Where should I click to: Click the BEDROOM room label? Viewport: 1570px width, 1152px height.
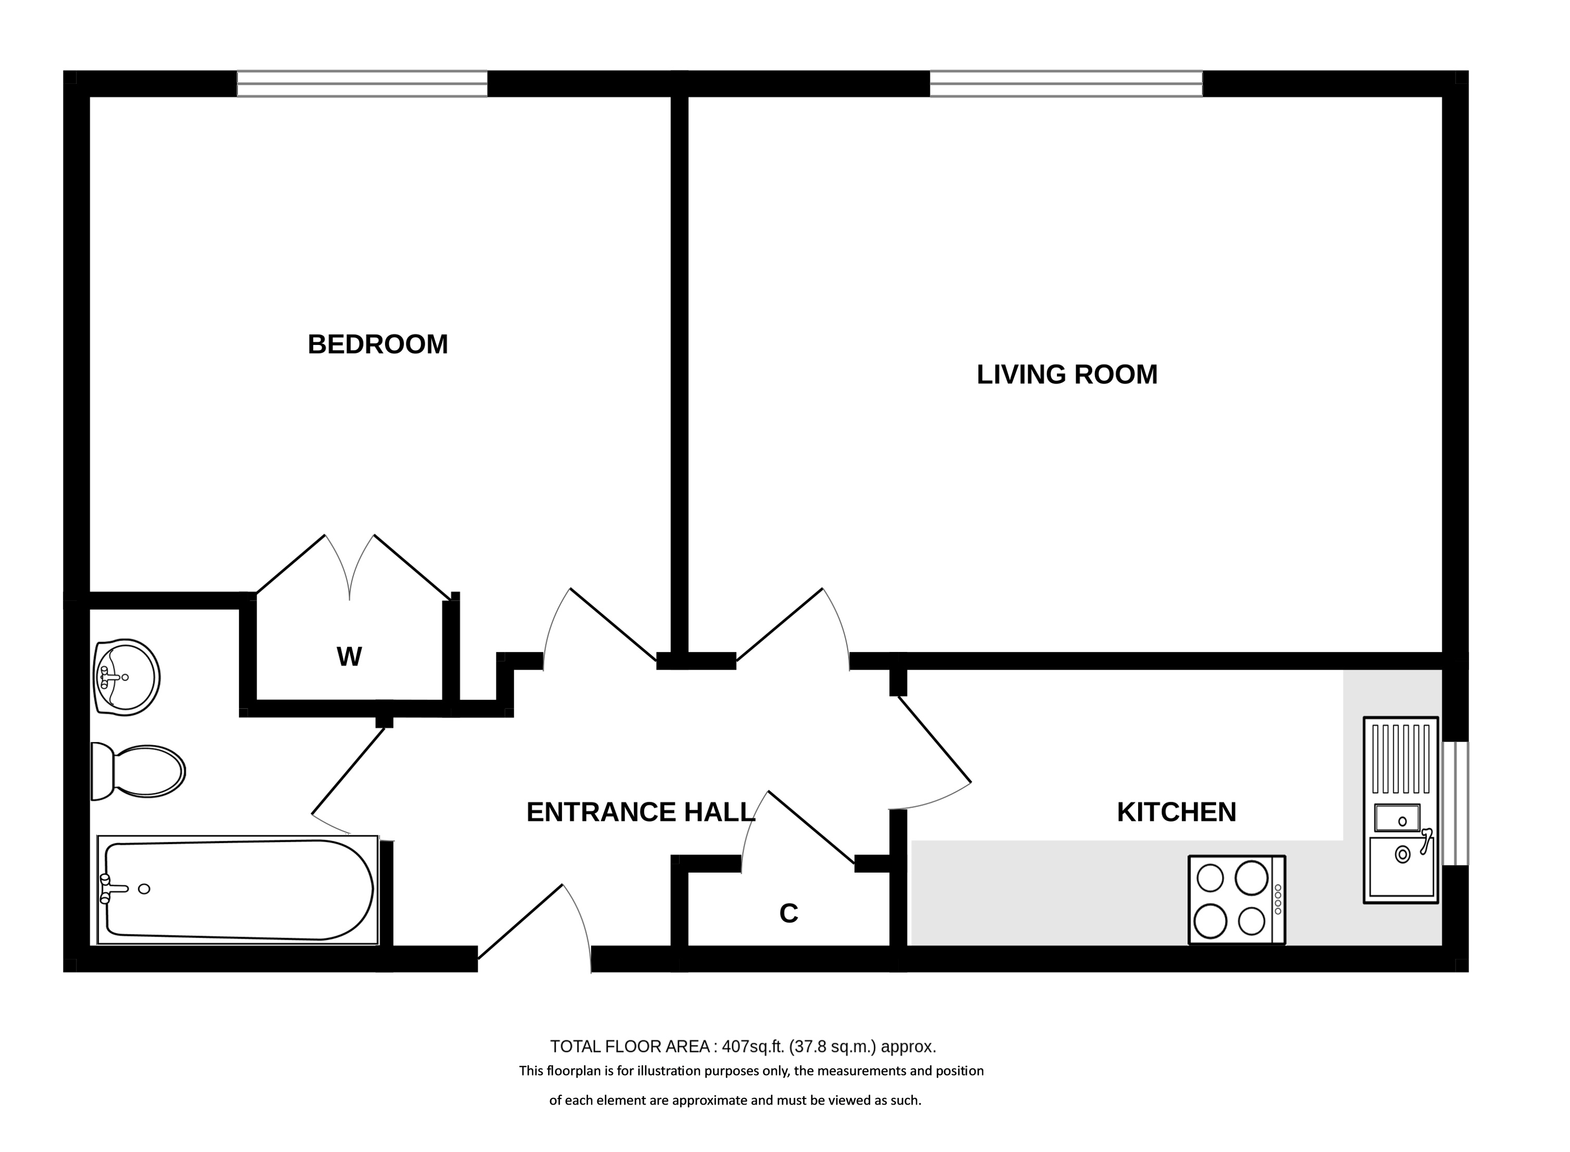click(x=377, y=344)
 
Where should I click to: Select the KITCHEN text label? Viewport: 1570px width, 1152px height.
click(x=1176, y=812)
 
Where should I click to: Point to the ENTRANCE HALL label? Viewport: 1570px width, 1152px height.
click(x=640, y=812)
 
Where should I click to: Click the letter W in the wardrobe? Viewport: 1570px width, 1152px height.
click(x=349, y=656)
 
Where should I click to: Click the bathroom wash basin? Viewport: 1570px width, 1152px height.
click(x=126, y=676)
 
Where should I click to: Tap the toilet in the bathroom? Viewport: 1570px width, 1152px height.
click(x=138, y=771)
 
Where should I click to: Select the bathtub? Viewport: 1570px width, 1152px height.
click(x=238, y=890)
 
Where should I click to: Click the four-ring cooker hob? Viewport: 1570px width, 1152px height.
click(x=1236, y=900)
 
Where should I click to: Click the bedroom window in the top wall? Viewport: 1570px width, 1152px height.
click(x=362, y=84)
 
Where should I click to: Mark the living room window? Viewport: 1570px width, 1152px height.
click(x=1066, y=84)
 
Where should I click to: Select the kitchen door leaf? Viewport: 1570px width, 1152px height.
click(x=935, y=739)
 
